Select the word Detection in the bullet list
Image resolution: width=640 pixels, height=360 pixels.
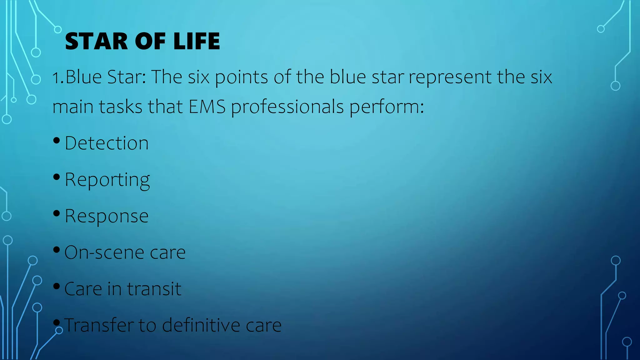tap(107, 143)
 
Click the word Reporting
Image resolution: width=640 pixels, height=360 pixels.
tap(107, 180)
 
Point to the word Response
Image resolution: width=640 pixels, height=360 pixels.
tap(107, 216)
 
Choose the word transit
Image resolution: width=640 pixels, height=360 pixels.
tap(154, 289)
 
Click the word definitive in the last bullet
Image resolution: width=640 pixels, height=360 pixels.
tap(201, 325)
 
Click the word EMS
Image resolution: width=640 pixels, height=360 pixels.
tap(207, 107)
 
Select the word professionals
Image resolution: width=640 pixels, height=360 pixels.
tap(287, 107)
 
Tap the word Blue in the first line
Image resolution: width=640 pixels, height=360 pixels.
tap(83, 77)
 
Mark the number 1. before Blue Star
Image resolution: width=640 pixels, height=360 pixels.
tap(58, 77)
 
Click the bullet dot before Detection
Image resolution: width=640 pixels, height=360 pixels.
tap(57, 141)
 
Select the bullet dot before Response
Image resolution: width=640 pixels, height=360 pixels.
tap(57, 213)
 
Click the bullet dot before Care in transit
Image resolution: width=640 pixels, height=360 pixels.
tap(57, 286)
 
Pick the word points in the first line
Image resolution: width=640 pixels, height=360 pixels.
tap(241, 77)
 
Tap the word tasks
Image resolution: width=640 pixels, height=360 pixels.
tap(121, 107)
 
